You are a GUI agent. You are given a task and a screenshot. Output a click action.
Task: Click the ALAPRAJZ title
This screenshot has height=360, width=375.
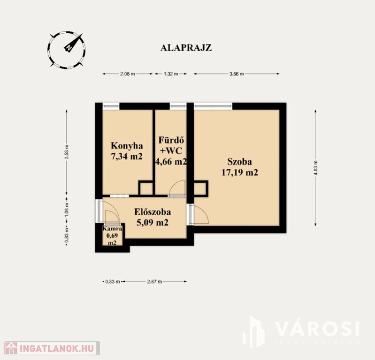tap(186, 48)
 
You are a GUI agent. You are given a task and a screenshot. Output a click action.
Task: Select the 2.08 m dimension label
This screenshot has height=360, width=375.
tap(128, 74)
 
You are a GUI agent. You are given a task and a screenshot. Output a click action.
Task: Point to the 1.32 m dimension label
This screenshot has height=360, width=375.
tap(171, 74)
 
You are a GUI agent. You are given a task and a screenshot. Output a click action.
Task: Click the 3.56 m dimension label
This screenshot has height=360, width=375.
tap(237, 74)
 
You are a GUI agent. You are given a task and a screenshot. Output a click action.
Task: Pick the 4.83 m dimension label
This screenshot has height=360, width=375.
tap(316, 168)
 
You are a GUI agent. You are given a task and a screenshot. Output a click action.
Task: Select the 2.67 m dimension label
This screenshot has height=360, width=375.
tap(154, 281)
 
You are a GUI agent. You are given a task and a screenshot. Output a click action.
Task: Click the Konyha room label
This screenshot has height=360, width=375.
tap(127, 145)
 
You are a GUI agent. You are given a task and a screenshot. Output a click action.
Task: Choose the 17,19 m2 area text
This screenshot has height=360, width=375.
tap(240, 172)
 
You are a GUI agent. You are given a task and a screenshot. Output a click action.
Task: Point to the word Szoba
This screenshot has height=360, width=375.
tap(239, 162)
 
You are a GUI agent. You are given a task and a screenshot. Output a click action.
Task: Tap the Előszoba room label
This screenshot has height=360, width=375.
tap(153, 212)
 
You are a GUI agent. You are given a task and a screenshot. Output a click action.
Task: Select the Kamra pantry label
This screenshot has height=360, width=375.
tap(112, 229)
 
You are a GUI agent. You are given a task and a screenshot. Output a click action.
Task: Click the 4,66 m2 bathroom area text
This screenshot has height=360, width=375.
tap(171, 162)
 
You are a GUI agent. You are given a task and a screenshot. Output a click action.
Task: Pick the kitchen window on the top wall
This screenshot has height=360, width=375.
tap(111, 106)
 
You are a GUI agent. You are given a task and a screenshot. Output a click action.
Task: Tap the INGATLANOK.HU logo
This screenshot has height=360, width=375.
tap(52, 348)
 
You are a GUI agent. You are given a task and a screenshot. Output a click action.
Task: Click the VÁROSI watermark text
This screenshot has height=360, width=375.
tap(317, 329)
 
